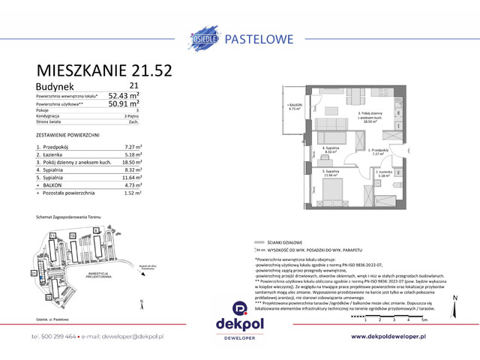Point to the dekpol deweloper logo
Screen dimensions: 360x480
tap(240, 313)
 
